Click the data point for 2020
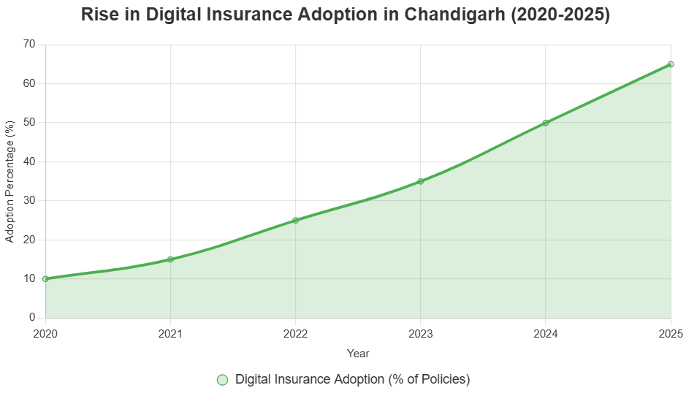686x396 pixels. click(45, 278)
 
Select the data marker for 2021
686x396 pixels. click(170, 259)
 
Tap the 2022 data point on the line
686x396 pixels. click(295, 220)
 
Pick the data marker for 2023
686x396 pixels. click(421, 181)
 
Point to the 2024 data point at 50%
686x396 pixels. click(546, 123)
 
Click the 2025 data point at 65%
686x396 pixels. click(671, 64)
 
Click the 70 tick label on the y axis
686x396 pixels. click(29, 45)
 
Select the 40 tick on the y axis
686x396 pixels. click(29, 161)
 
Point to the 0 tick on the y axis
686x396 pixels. click(32, 318)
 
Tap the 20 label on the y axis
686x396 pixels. click(29, 240)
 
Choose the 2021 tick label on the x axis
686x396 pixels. click(170, 334)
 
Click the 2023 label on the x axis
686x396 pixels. click(421, 334)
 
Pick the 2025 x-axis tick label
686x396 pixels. click(670, 334)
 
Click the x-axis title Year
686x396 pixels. click(358, 354)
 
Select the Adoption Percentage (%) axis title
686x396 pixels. click(10, 181)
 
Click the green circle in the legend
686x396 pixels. click(223, 379)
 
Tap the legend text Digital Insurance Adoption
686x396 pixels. click(352, 379)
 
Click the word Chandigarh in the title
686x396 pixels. click(454, 15)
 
